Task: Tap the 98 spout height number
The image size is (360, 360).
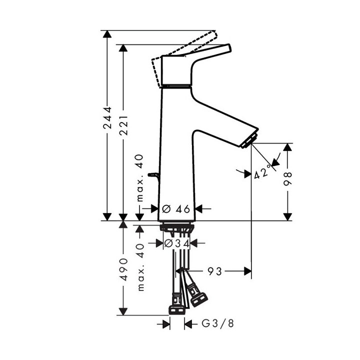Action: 287,178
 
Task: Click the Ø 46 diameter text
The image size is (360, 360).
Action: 177,209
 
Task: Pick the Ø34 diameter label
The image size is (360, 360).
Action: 177,243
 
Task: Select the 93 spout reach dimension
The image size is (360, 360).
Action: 215,271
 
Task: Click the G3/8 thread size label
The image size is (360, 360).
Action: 217,324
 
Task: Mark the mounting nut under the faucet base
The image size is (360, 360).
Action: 175,227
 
